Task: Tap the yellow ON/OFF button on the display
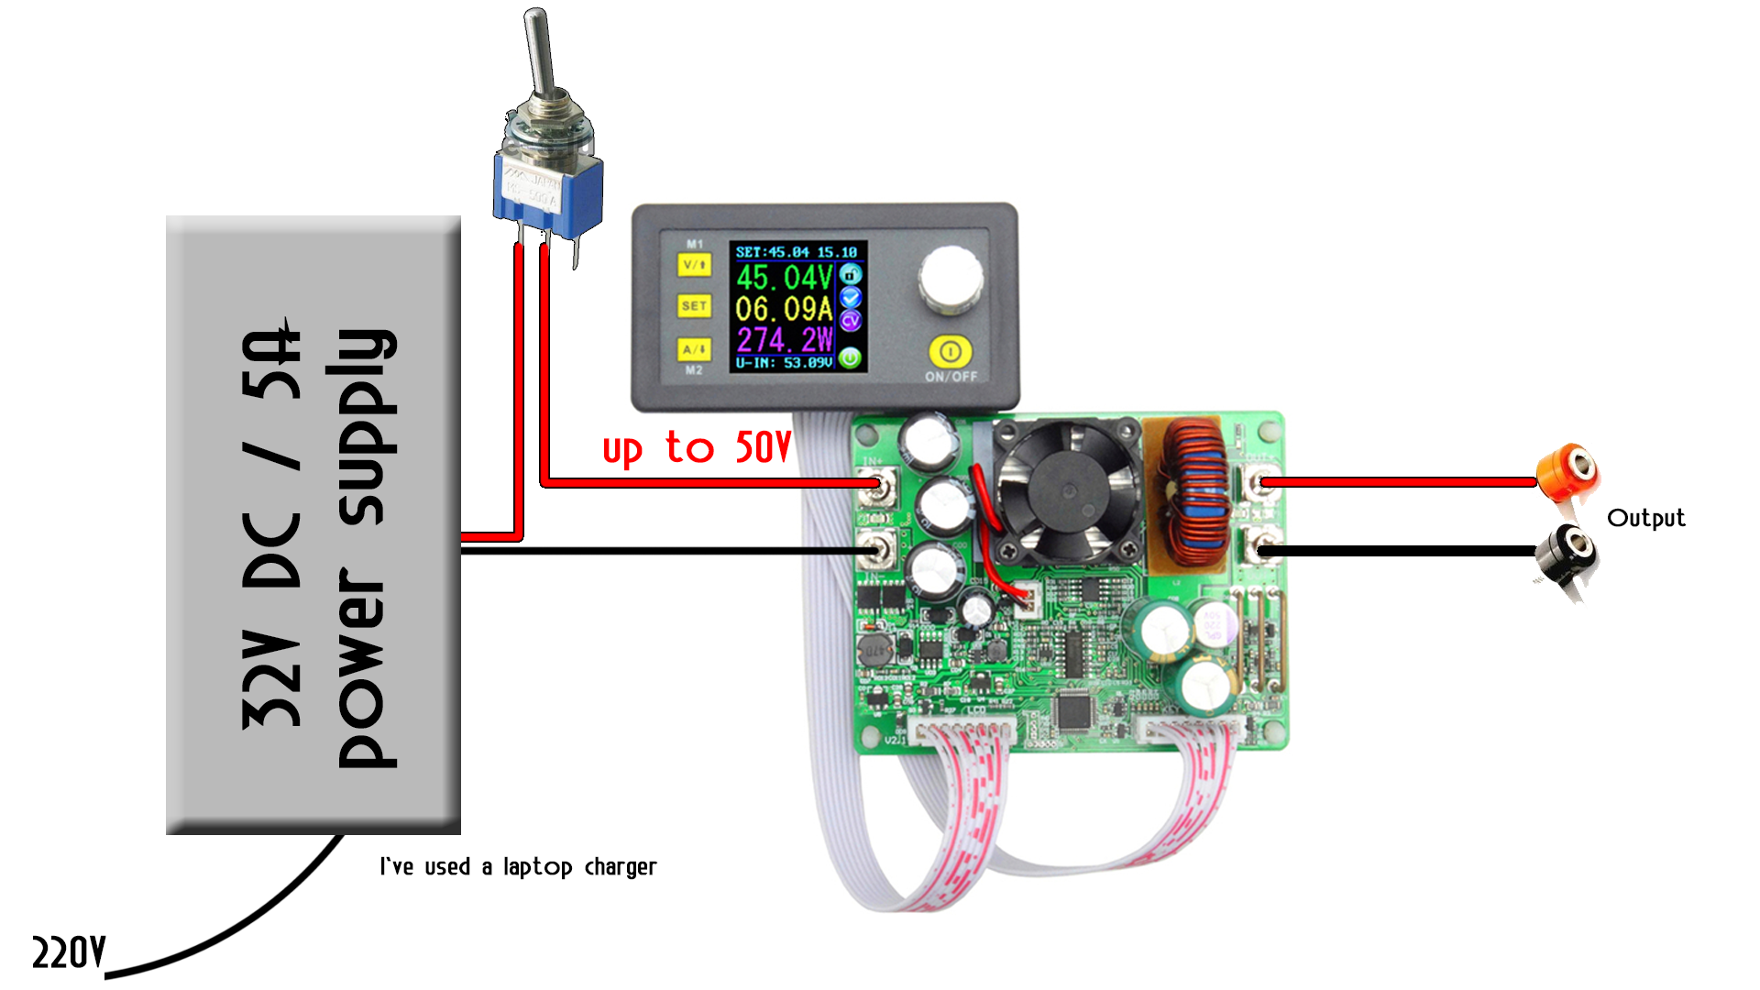tap(951, 351)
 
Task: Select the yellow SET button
tap(694, 306)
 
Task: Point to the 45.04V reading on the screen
tap(784, 278)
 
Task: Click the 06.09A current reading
tap(784, 309)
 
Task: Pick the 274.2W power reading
tap(785, 340)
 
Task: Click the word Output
tap(1645, 518)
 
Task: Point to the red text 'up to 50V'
tap(696, 448)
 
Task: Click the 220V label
tap(69, 953)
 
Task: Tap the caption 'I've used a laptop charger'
tap(518, 866)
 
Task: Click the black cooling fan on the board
tap(1068, 492)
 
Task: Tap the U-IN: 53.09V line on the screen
tap(784, 363)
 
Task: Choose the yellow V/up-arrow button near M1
tap(694, 265)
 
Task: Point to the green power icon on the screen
tap(851, 357)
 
